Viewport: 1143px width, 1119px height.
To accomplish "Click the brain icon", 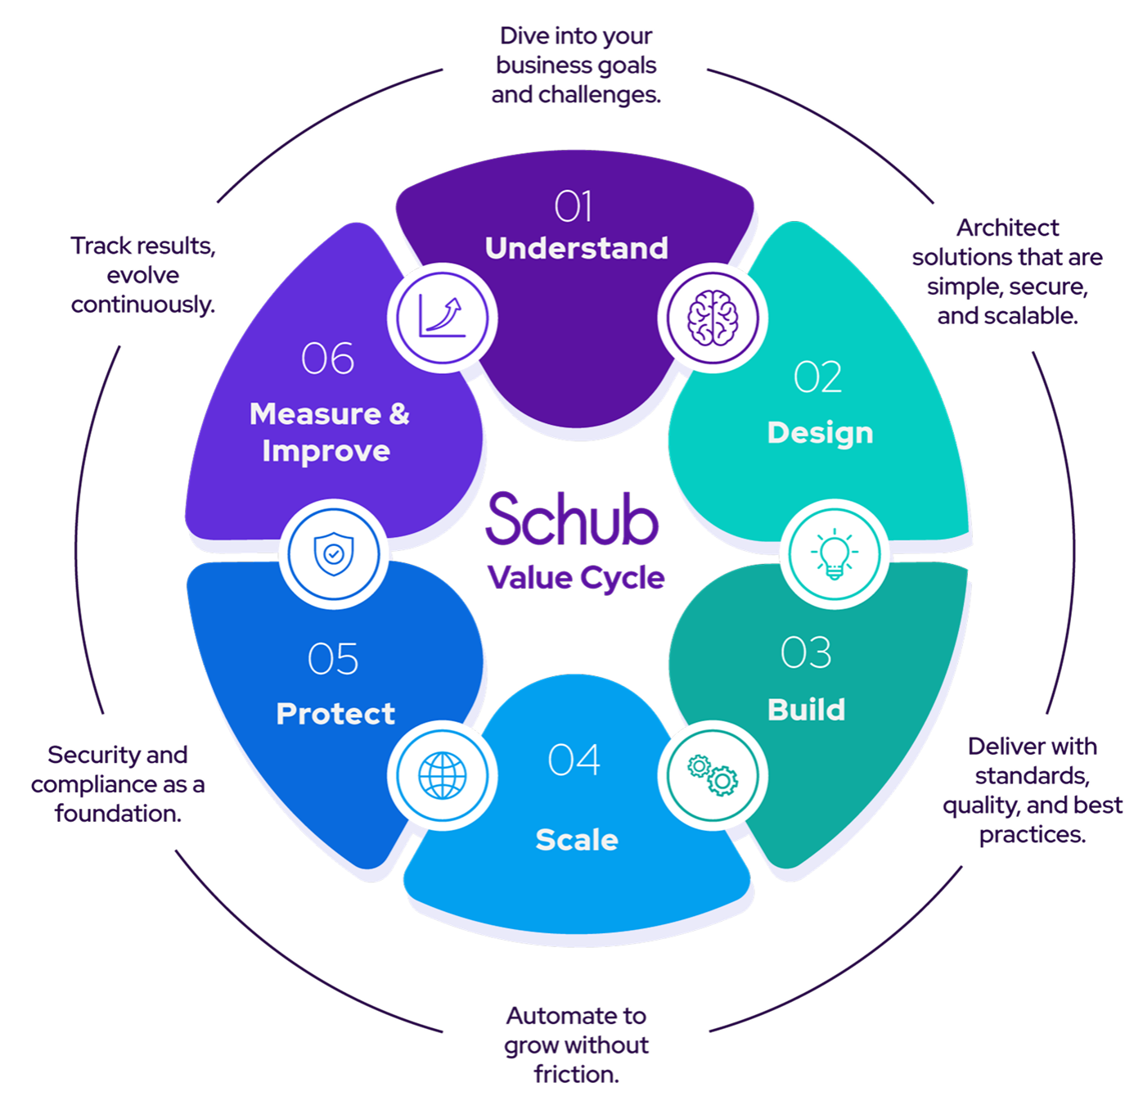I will pyautogui.click(x=713, y=318).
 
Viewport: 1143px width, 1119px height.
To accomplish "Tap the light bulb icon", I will pyautogui.click(x=834, y=554).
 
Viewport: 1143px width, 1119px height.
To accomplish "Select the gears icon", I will pyautogui.click(x=713, y=775).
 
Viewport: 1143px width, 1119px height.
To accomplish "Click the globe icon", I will pyautogui.click(x=443, y=775).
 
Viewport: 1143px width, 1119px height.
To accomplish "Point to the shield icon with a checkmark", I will pyautogui.click(x=334, y=554).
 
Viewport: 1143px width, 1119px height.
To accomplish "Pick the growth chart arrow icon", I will pyautogui.click(x=443, y=318).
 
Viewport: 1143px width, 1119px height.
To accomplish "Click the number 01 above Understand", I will pyautogui.click(x=574, y=206).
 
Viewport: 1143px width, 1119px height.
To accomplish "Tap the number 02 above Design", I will pyautogui.click(x=818, y=378).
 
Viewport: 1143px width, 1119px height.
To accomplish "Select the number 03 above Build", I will pyautogui.click(x=806, y=653).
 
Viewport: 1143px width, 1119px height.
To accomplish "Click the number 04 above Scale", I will pyautogui.click(x=574, y=760).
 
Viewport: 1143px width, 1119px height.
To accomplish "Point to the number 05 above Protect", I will pyautogui.click(x=333, y=659).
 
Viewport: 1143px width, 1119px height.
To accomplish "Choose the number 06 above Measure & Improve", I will pyautogui.click(x=328, y=359).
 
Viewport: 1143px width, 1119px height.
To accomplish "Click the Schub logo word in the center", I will pyautogui.click(x=573, y=520).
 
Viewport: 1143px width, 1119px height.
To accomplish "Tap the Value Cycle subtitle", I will pyautogui.click(x=576, y=578).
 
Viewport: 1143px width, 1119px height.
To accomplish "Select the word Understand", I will pyautogui.click(x=577, y=248).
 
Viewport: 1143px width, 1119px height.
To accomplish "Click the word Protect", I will pyautogui.click(x=335, y=714).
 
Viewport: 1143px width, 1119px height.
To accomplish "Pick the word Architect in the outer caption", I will pyautogui.click(x=1007, y=228).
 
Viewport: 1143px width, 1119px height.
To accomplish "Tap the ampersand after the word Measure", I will pyautogui.click(x=399, y=413).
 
